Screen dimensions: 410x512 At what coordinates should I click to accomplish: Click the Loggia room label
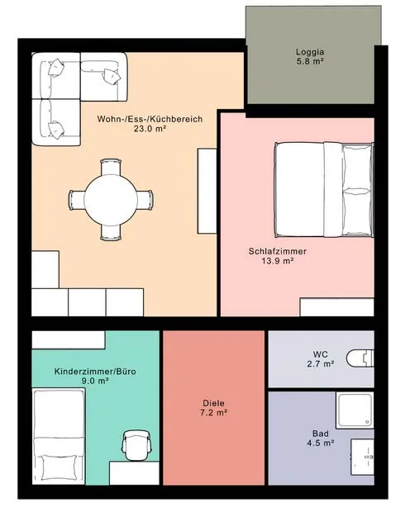(310, 52)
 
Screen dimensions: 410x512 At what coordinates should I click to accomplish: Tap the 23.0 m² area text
(150, 128)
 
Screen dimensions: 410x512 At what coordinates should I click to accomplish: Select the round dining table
(111, 200)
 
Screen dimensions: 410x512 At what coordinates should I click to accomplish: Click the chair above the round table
(111, 167)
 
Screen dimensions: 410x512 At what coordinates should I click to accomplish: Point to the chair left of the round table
(77, 200)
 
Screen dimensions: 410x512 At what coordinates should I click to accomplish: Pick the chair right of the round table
(145, 200)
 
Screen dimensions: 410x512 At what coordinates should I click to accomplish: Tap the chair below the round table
(111, 232)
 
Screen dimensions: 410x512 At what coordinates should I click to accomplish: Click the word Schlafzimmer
(277, 251)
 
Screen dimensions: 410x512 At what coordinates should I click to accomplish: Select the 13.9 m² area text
(277, 261)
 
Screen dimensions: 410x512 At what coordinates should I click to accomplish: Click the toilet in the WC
(360, 358)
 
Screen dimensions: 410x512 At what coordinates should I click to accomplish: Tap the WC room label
(321, 354)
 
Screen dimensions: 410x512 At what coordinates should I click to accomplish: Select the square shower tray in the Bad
(355, 410)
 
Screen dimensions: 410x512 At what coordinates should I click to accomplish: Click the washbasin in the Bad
(363, 457)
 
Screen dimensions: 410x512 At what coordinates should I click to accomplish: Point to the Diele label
(213, 403)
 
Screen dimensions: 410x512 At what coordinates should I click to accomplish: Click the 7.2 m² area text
(213, 413)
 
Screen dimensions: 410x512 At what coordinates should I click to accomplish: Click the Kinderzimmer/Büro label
(95, 372)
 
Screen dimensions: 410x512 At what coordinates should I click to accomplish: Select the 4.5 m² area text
(321, 443)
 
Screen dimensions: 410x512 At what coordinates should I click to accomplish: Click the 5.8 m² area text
(310, 61)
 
